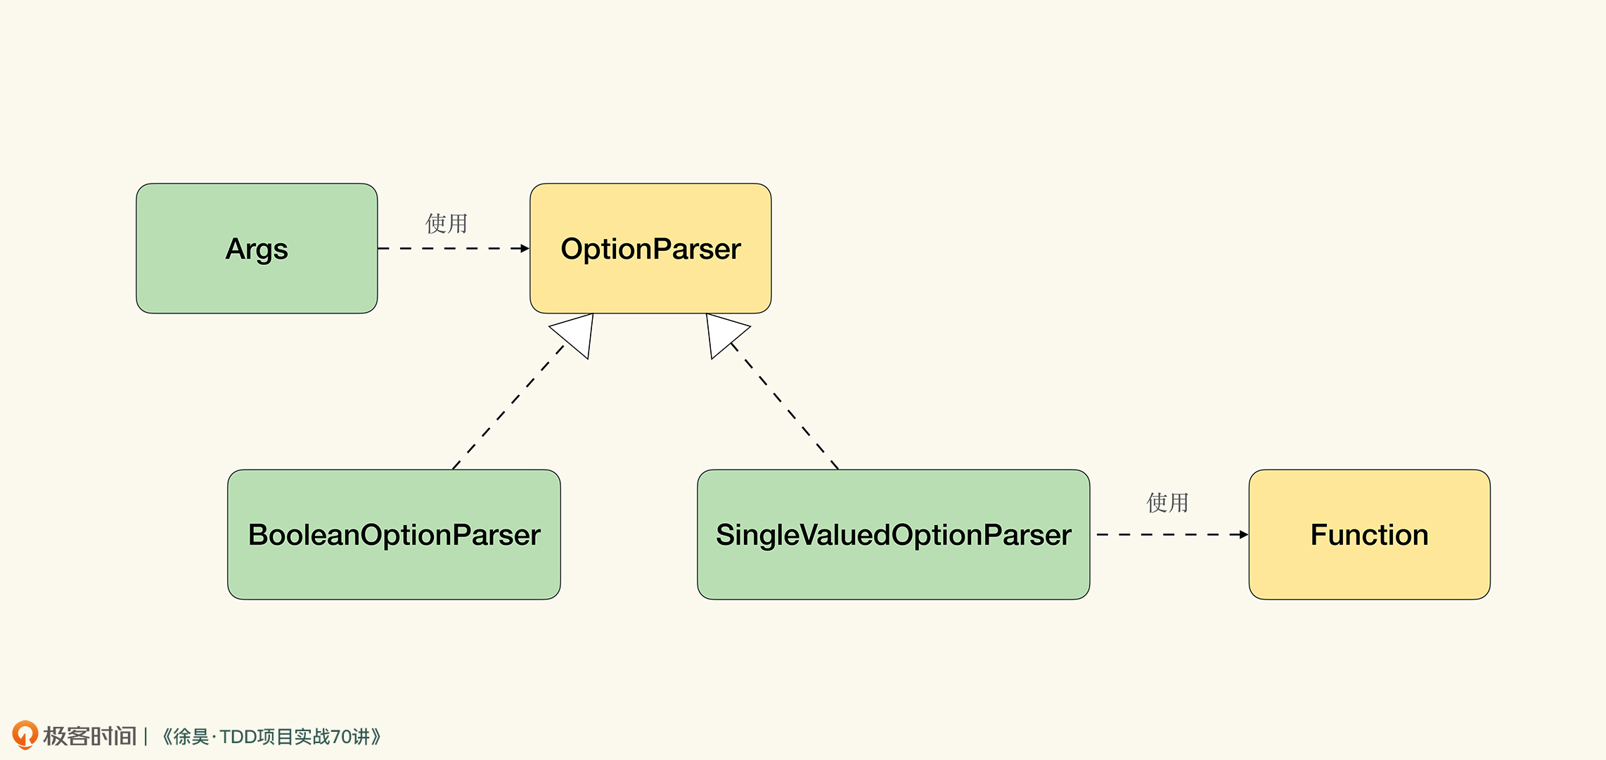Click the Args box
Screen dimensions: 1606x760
tap(257, 248)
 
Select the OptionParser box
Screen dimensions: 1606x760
tap(650, 248)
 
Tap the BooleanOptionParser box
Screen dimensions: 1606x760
tap(394, 534)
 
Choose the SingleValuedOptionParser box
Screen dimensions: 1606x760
tap(893, 534)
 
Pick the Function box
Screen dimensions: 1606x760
tap(1369, 534)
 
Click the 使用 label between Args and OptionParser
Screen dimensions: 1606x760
tap(447, 224)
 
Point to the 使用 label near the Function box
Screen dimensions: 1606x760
tap(1167, 503)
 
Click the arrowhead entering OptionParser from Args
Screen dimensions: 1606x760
tap(525, 248)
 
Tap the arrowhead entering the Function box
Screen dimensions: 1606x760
tap(1244, 534)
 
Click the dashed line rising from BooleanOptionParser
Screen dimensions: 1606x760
tap(508, 407)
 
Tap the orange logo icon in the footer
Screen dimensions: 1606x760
tap(25, 735)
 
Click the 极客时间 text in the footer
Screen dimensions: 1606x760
tap(89, 736)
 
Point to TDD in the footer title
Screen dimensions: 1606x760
tap(238, 737)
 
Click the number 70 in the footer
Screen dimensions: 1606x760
tap(341, 737)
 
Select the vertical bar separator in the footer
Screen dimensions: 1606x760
tap(146, 737)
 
